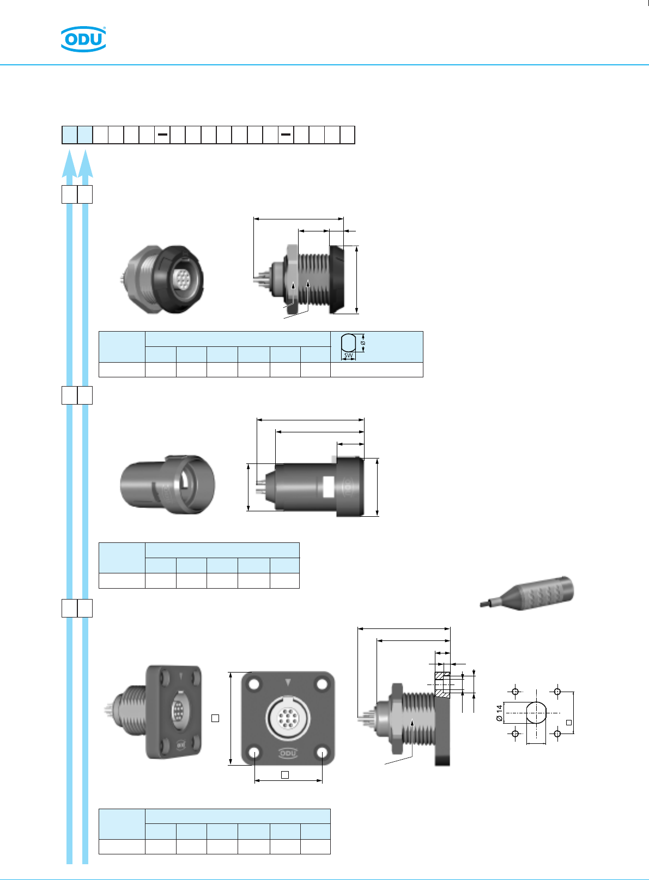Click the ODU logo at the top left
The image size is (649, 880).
[x=83, y=39]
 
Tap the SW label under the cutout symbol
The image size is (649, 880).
[x=348, y=355]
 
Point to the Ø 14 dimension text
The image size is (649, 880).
[x=499, y=713]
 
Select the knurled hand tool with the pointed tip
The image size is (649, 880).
[x=527, y=593]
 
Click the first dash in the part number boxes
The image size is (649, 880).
[x=162, y=135]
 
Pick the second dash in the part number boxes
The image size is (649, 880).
[x=286, y=135]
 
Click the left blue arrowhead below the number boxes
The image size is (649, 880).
[x=69, y=163]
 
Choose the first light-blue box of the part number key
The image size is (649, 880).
[x=70, y=135]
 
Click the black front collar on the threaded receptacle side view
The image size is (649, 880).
[x=337, y=280]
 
